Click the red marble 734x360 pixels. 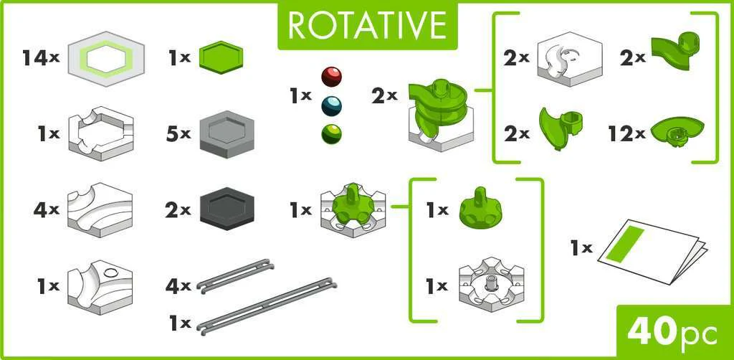click(x=331, y=77)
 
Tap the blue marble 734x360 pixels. click(x=331, y=106)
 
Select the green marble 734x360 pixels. click(x=331, y=134)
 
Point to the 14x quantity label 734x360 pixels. click(x=40, y=58)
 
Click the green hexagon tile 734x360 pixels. click(x=221, y=57)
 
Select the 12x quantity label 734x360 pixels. click(x=626, y=134)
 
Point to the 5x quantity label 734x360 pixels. click(x=178, y=134)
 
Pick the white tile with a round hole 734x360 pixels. click(x=100, y=287)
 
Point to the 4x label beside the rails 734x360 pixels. click(x=178, y=285)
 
